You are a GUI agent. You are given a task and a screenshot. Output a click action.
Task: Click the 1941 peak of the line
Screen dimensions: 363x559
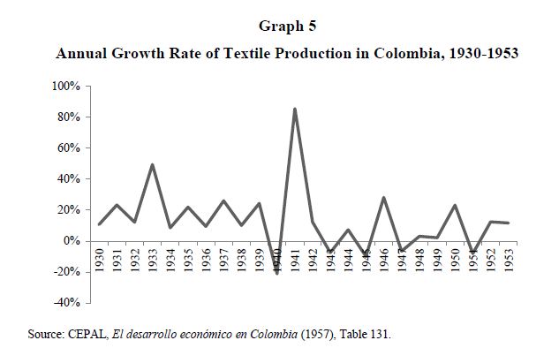point(294,109)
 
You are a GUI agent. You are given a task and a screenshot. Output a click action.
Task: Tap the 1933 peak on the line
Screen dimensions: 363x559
point(152,164)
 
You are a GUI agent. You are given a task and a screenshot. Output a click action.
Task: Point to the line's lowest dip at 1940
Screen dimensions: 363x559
point(276,273)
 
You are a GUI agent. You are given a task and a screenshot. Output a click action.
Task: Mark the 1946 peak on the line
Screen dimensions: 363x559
point(383,197)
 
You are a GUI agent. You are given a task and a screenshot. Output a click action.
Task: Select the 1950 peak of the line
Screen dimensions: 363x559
point(454,205)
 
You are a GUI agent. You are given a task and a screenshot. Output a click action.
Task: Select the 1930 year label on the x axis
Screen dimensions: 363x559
point(99,261)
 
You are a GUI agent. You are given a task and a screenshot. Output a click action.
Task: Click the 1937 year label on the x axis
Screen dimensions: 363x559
point(223,261)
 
